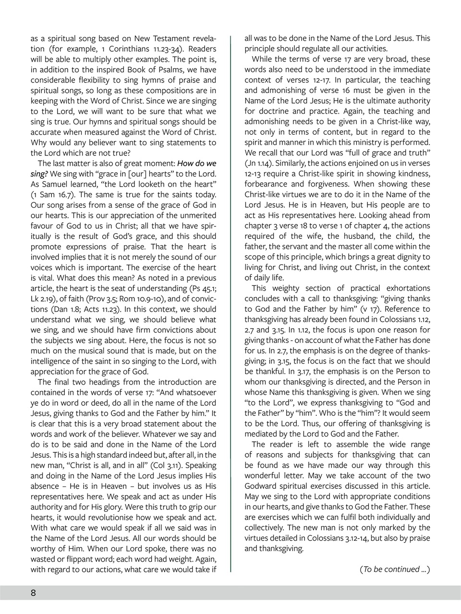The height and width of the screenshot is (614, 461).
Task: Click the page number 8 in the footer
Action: pyautogui.click(x=33, y=592)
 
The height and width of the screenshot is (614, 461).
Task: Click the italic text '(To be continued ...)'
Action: pyautogui.click(x=394, y=569)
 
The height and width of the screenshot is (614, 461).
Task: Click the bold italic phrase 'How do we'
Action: pyautogui.click(x=197, y=163)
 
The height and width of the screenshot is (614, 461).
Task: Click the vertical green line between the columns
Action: pyautogui.click(x=231, y=307)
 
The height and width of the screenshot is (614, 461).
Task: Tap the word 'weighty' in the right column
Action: pyautogui.click(x=288, y=288)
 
